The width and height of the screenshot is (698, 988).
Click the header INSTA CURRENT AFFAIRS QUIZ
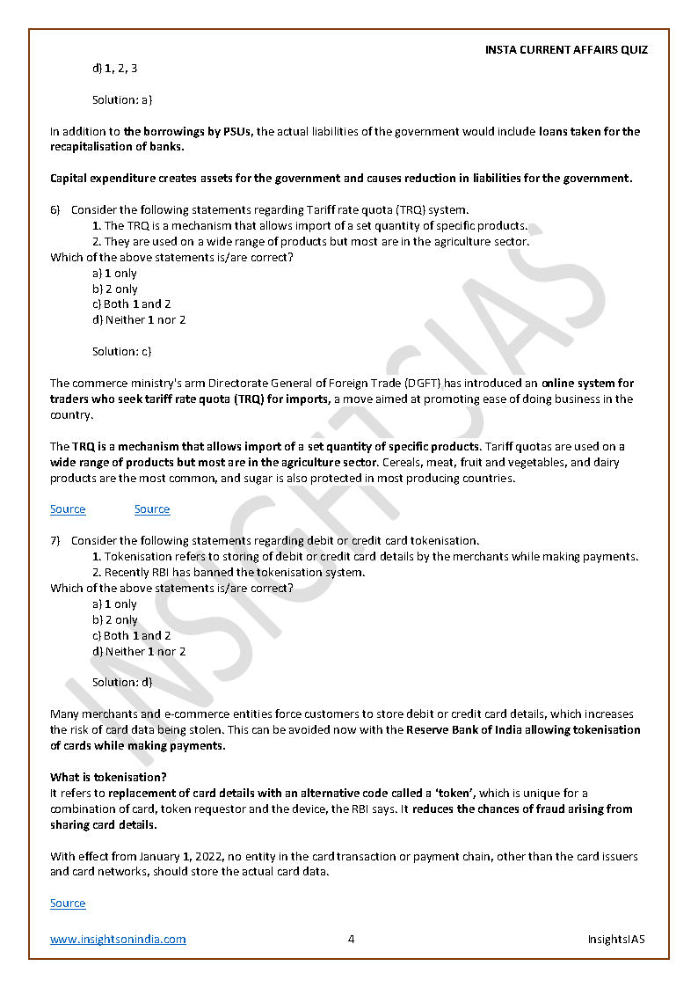[x=566, y=50]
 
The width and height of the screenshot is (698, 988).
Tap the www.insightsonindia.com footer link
[x=118, y=939]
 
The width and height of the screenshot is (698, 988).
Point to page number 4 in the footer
[x=351, y=939]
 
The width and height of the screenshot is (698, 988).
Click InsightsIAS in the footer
[x=616, y=939]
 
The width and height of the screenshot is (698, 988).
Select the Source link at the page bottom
[x=68, y=903]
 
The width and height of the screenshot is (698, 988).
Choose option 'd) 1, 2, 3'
[x=114, y=69]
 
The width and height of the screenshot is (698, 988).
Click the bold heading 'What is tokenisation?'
[x=108, y=777]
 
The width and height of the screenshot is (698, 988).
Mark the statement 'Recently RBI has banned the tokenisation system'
[x=234, y=572]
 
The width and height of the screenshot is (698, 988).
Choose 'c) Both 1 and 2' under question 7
[x=132, y=635]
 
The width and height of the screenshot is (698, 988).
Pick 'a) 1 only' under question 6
[x=114, y=273]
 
